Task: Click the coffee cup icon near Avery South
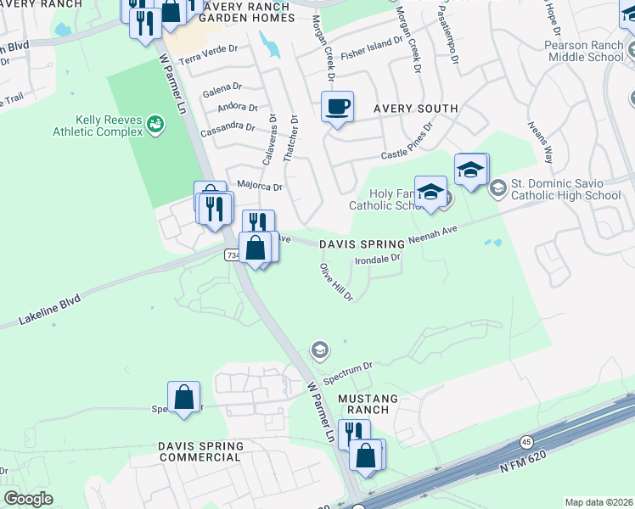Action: click(338, 107)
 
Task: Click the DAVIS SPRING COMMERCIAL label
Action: click(200, 451)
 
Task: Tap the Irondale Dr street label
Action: click(377, 260)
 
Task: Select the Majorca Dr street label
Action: click(259, 184)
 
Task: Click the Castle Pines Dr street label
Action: click(407, 141)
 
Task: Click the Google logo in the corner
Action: click(28, 499)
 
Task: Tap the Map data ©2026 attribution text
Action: click(598, 502)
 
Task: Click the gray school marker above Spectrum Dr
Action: click(319, 350)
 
